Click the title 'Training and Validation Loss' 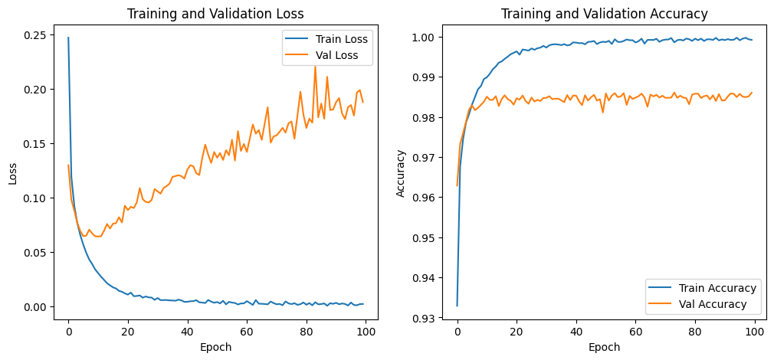(x=215, y=13)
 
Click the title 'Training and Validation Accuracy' (x=604, y=13)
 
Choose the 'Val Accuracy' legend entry (x=713, y=304)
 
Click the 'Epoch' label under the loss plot (x=215, y=347)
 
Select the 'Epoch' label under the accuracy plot (x=604, y=347)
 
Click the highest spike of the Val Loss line (x=315, y=66)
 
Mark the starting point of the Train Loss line (x=68, y=38)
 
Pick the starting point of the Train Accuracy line (x=457, y=306)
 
